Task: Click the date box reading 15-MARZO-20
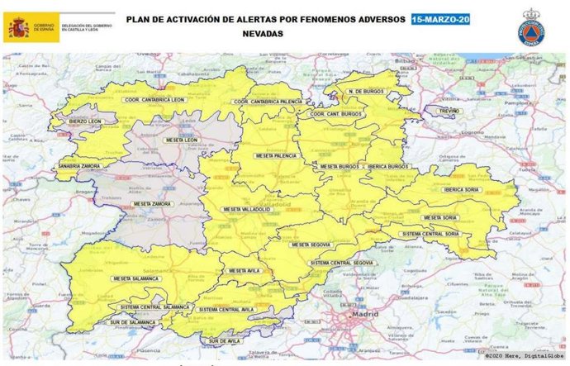440,18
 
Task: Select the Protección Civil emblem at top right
530,28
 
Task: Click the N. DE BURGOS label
365,91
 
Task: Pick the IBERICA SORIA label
462,189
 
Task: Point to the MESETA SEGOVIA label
311,245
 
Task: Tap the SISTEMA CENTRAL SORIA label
430,234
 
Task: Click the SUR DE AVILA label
226,340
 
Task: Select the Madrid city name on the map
364,315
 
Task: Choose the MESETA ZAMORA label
151,203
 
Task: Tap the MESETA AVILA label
245,271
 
